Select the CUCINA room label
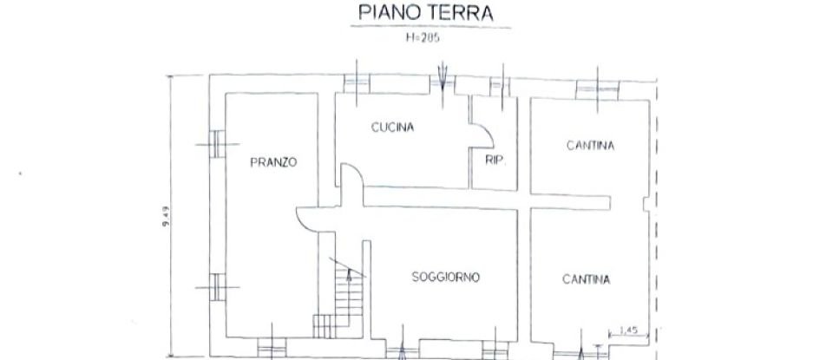[393, 127]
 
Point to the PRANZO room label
[274, 161]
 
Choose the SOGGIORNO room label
[446, 277]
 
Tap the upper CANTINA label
[590, 147]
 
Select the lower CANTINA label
[586, 279]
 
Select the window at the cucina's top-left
[357, 83]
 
